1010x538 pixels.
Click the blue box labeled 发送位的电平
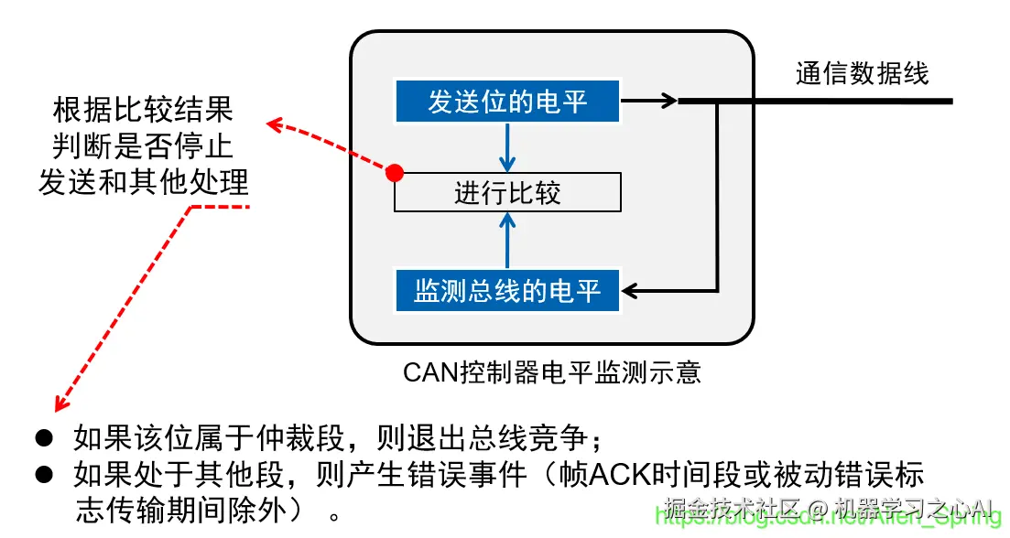507,101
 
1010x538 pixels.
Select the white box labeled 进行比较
507,193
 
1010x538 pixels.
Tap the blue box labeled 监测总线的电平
507,291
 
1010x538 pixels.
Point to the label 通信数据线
862,73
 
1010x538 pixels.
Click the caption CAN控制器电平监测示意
551,372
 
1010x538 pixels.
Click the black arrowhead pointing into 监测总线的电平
630,292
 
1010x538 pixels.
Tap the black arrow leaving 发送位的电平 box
652,101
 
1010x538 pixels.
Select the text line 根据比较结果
143,111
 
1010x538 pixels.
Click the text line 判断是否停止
143,145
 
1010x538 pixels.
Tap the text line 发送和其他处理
143,181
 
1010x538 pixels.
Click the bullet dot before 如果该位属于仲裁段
42,438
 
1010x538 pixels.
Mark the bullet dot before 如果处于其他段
42,475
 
